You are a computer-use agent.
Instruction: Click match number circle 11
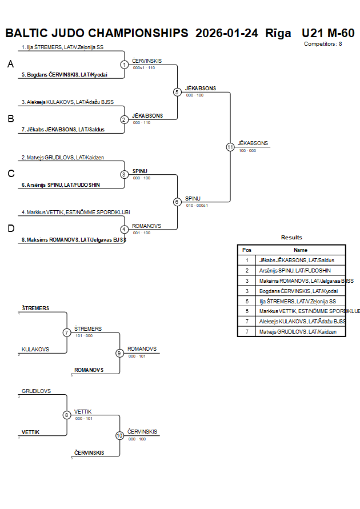(x=230, y=147)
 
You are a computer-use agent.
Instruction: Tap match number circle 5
(x=177, y=92)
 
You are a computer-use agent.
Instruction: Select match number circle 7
(x=67, y=332)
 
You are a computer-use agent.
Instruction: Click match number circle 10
(x=119, y=435)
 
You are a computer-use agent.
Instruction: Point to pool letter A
(x=10, y=65)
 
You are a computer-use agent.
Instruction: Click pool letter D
(x=10, y=229)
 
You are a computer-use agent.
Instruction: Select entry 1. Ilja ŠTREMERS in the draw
(x=62, y=47)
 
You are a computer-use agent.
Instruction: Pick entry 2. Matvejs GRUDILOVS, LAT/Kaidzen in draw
(x=63, y=157)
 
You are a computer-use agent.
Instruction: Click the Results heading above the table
(x=291, y=238)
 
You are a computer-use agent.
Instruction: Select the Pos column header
(x=247, y=250)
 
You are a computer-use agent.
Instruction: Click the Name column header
(x=300, y=250)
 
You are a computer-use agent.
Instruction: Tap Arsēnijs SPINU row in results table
(x=295, y=270)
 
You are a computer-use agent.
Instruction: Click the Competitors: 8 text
(x=323, y=43)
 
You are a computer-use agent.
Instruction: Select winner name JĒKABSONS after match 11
(x=253, y=143)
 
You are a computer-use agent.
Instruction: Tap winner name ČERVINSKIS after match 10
(x=142, y=432)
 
